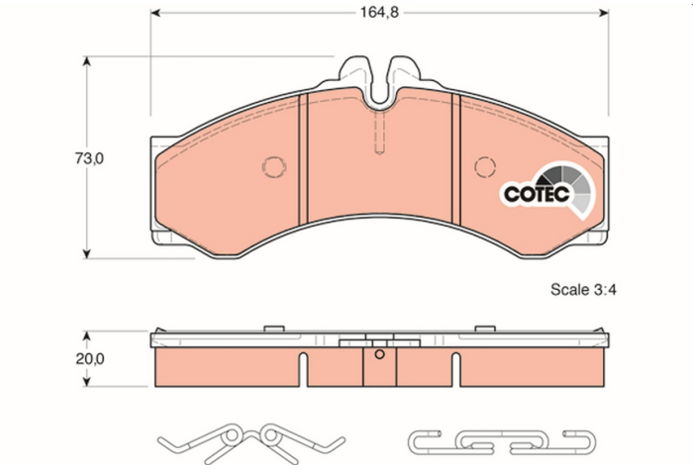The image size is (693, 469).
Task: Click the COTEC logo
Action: pos(541,189)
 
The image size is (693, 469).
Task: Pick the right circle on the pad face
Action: pos(484,167)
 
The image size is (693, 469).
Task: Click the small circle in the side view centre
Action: pos(379,354)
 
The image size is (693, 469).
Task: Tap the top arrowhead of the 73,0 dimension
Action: pos(88,61)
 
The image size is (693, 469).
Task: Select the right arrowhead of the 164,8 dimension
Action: pos(605,15)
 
